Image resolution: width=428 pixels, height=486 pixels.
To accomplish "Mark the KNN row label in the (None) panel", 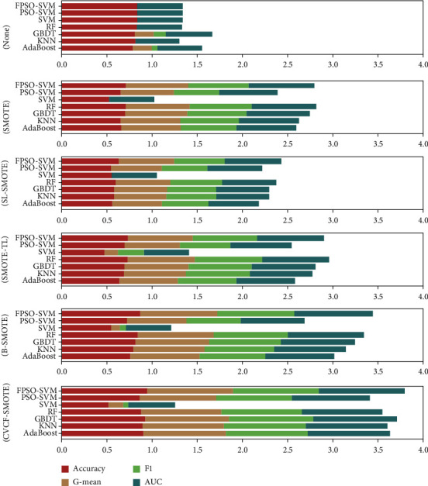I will (48, 41).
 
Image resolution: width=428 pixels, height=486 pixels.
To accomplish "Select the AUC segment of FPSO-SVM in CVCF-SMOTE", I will (361, 391).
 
